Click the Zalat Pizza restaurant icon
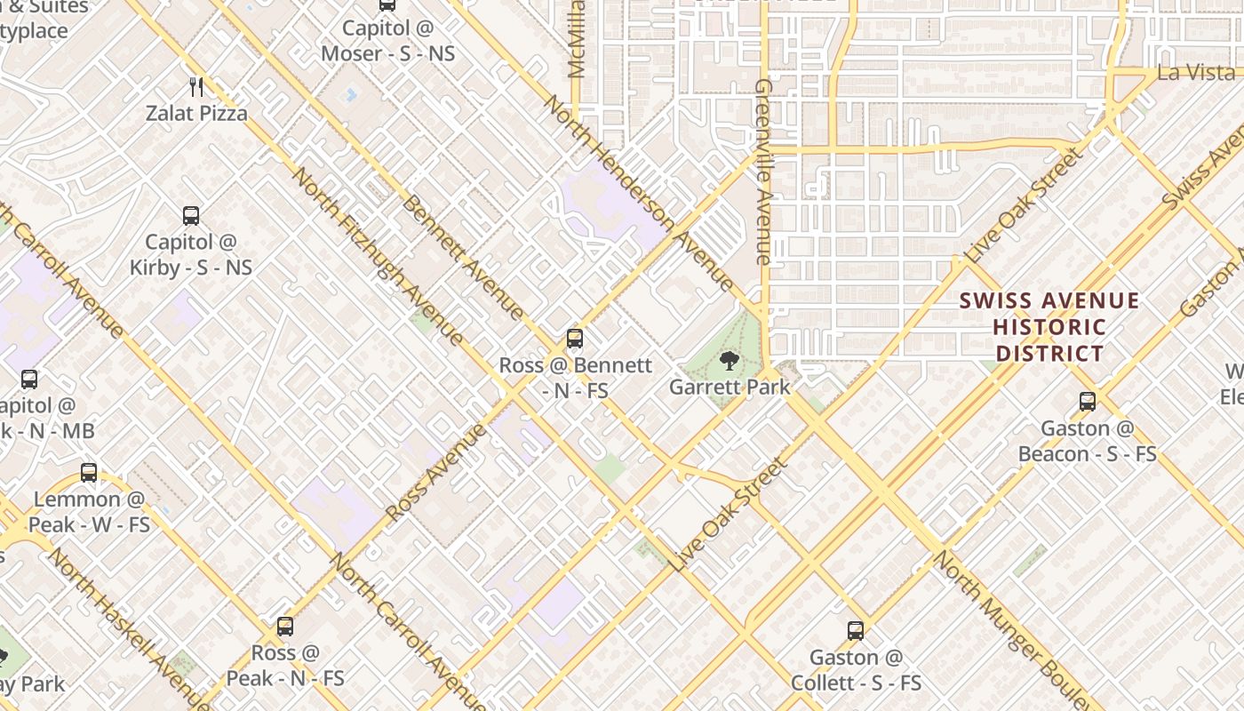click(197, 87)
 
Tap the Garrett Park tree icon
click(729, 361)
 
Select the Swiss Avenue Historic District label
click(1049, 327)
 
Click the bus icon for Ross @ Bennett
click(575, 339)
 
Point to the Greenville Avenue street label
click(762, 172)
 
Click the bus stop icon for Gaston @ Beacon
click(1088, 402)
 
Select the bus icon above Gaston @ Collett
click(856, 631)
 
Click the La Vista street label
click(1196, 73)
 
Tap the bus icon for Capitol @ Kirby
click(191, 215)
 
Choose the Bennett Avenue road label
click(462, 258)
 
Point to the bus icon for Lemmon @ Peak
click(89, 473)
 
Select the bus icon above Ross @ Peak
click(285, 627)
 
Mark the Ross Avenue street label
click(436, 473)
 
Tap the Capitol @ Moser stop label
click(387, 41)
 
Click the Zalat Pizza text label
click(197, 114)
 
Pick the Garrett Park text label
click(729, 387)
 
